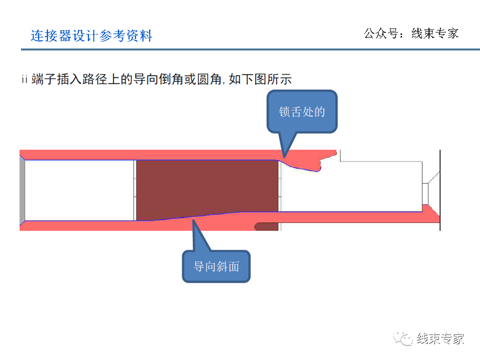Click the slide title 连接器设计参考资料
coord(91,36)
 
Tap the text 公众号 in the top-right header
coord(379,34)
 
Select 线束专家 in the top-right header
coord(434,34)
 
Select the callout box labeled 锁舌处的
coord(302,111)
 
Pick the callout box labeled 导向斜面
coord(216,266)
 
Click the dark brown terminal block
coord(207,190)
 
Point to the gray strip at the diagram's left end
coord(22,190)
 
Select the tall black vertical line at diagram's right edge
coord(440,190)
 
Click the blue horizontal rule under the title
coord(240,49)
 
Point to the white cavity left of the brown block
coord(79,190)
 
